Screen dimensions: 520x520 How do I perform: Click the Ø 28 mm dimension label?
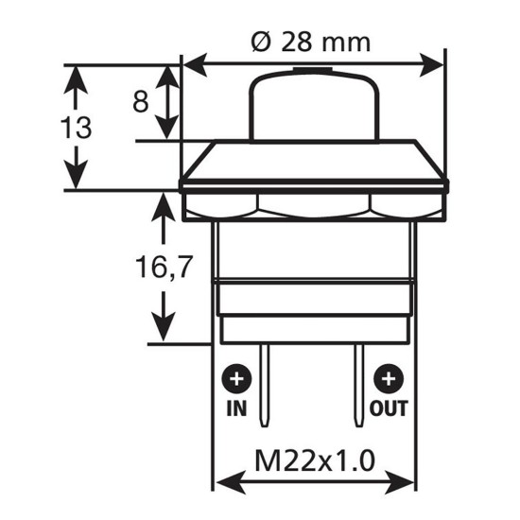313,43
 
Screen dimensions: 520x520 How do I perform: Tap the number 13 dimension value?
76,128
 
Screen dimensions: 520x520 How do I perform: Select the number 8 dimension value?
140,101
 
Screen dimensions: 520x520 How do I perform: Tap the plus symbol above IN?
236,381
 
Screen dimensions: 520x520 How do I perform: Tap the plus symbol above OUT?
388,381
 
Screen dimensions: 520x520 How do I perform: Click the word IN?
236,409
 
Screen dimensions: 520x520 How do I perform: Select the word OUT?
388,409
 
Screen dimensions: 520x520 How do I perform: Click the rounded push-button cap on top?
313,104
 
